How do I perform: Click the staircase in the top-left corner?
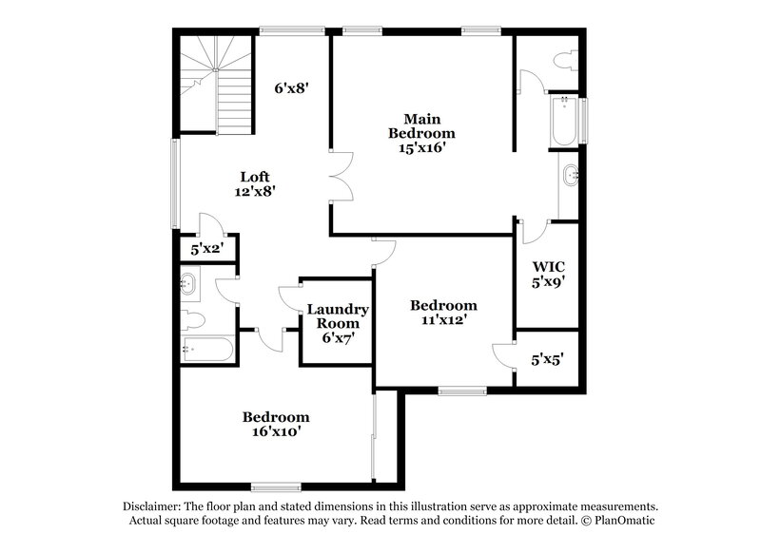pyautogui.click(x=217, y=84)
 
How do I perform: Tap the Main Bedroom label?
pyautogui.click(x=416, y=125)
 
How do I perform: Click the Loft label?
pyautogui.click(x=254, y=177)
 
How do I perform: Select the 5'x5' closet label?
pyautogui.click(x=547, y=360)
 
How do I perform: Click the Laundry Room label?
pyautogui.click(x=338, y=316)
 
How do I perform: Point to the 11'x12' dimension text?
pyautogui.click(x=443, y=320)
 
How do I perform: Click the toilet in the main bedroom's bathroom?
pyautogui.click(x=567, y=62)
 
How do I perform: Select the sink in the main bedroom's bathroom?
pyautogui.click(x=570, y=175)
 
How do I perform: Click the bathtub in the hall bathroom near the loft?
pyautogui.click(x=208, y=350)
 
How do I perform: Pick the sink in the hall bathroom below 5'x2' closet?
pyautogui.click(x=188, y=281)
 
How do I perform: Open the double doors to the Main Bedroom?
pyautogui.click(x=340, y=176)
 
